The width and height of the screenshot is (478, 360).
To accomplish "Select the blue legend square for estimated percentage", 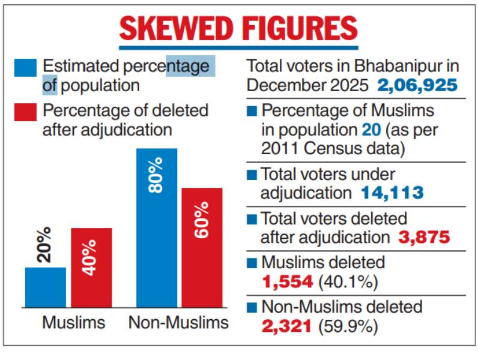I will click(25, 67).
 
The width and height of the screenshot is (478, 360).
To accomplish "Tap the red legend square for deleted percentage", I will click(25, 112).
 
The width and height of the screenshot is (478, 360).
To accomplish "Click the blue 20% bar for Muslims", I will click(46, 287).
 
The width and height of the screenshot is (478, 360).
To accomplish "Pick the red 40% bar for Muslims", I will click(91, 268).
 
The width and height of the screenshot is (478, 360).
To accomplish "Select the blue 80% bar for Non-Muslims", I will click(157, 228).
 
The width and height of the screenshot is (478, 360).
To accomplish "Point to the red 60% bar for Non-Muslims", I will click(202, 247).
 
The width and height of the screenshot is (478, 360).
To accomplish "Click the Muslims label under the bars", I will click(73, 323).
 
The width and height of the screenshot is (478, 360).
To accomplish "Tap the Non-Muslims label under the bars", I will click(178, 323).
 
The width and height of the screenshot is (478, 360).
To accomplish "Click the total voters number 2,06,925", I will click(417, 85).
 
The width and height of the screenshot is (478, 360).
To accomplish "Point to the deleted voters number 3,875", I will click(424, 237).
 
